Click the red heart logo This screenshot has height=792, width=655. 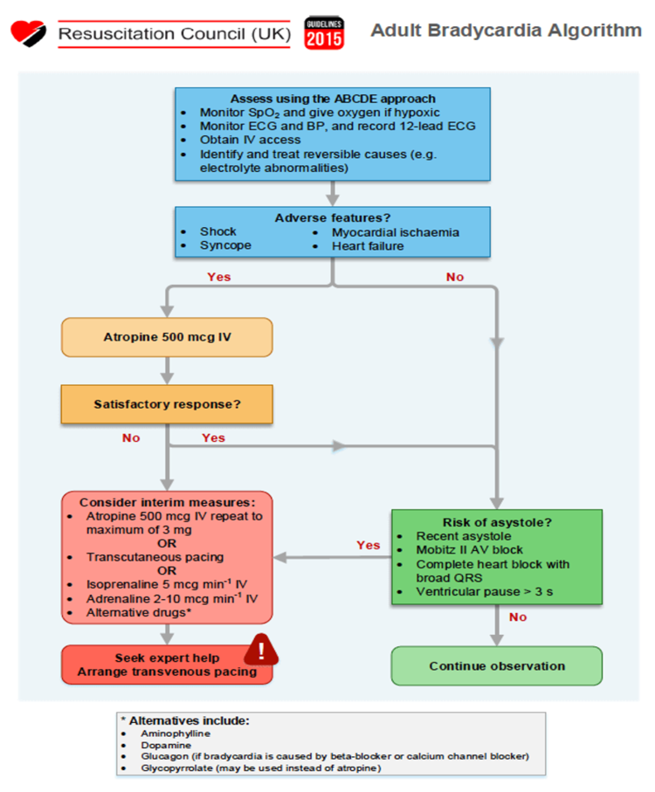point(28,33)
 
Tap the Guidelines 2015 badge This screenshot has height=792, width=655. point(324,33)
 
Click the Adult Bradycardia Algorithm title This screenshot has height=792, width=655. point(506,31)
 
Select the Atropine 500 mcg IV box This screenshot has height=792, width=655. point(167,337)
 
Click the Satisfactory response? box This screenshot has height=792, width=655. point(167,404)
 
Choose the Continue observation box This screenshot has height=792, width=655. point(497,665)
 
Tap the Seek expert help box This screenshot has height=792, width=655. point(167,665)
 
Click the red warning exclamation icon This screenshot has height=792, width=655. point(261,650)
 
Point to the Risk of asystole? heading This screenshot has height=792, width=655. point(497,522)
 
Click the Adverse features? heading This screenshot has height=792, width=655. point(332,217)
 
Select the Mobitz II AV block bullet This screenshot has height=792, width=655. point(469,549)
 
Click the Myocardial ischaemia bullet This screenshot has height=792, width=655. point(396,232)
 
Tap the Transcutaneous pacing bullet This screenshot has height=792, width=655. point(155,556)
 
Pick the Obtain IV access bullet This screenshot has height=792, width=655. point(250,140)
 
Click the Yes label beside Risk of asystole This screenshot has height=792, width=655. point(369,545)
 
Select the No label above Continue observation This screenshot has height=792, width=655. point(518,617)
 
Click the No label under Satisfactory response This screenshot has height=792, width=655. point(131,438)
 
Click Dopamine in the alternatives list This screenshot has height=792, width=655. point(166,745)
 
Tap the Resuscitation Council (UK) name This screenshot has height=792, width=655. point(174,34)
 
